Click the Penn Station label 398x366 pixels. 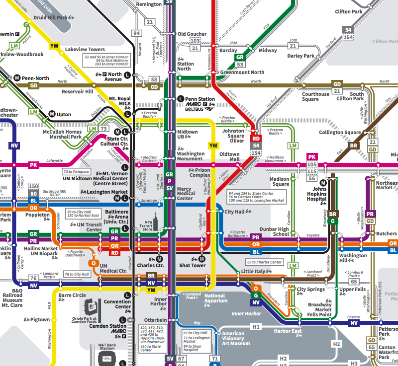coord(200,99)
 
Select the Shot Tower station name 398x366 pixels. coord(192,265)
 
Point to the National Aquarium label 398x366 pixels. coord(215,298)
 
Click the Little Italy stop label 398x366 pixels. coord(254,272)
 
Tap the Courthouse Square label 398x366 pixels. coord(315,97)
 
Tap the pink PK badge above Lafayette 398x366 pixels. coord(33,164)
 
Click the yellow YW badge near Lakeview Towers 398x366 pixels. coord(54,46)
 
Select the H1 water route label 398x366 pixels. coord(256,327)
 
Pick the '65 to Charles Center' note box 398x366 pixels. coord(264,262)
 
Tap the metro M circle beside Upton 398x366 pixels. coord(51,114)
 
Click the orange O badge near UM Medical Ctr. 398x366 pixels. coord(93,263)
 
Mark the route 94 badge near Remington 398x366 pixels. coord(136,33)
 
